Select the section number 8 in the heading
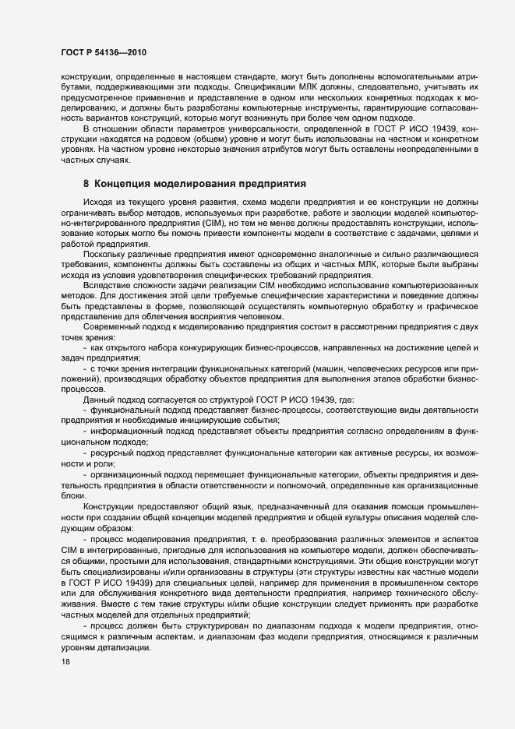tap(86, 185)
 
